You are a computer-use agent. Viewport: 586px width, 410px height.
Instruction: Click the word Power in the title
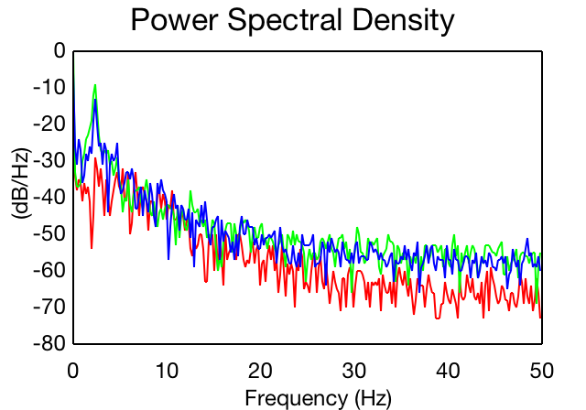(174, 20)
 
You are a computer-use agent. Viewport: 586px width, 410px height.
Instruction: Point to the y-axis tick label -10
(49, 88)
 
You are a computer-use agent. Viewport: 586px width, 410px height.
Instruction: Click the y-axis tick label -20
(49, 124)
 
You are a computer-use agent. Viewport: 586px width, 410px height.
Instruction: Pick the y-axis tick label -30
(49, 160)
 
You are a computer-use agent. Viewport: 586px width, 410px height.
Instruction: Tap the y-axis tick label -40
(49, 197)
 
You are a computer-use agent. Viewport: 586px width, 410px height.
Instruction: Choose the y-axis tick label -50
(49, 233)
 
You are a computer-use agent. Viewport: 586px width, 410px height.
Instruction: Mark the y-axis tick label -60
(49, 270)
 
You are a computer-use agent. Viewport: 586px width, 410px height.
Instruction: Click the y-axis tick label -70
(49, 307)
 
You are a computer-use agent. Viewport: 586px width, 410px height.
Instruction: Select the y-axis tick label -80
(49, 343)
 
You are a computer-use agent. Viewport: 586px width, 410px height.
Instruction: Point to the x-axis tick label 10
(167, 371)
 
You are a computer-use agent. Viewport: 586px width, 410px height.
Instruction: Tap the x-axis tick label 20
(260, 371)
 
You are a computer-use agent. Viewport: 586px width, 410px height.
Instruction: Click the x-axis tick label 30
(354, 371)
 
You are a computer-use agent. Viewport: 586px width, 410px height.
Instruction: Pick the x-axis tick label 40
(448, 371)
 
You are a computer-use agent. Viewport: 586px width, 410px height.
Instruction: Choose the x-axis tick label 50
(541, 371)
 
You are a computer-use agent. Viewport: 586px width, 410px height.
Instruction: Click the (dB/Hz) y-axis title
(22, 184)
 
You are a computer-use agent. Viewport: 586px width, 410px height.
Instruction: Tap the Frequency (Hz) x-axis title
(319, 398)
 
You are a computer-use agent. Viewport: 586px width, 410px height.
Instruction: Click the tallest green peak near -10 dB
(95, 85)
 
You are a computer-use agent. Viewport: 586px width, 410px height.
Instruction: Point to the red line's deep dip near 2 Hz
(92, 248)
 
